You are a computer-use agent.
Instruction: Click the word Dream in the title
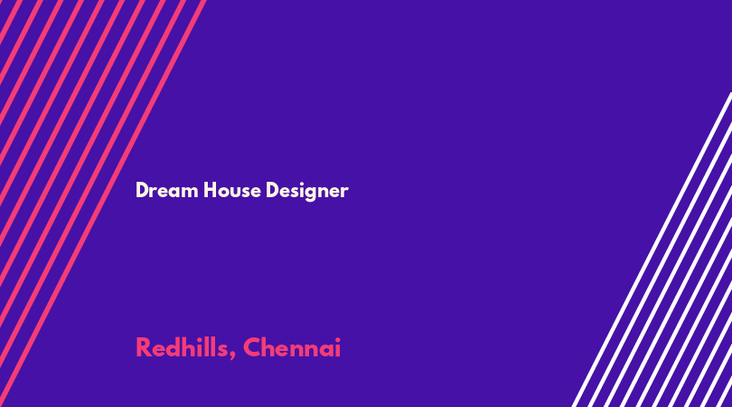coord(166,190)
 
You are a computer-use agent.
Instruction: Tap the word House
coord(232,190)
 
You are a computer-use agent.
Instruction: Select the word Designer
coord(307,191)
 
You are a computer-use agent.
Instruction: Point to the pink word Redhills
coord(182,347)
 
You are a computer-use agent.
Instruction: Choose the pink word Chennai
coord(292,347)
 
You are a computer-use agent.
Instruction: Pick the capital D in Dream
coord(142,190)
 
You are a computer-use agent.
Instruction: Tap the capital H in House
coord(210,190)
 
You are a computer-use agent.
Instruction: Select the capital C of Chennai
coord(252,347)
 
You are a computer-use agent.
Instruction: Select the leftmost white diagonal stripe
coord(652,250)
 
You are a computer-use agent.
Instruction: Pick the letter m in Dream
coord(190,192)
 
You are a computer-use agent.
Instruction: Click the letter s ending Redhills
coord(222,350)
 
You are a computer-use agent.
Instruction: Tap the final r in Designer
coord(344,192)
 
